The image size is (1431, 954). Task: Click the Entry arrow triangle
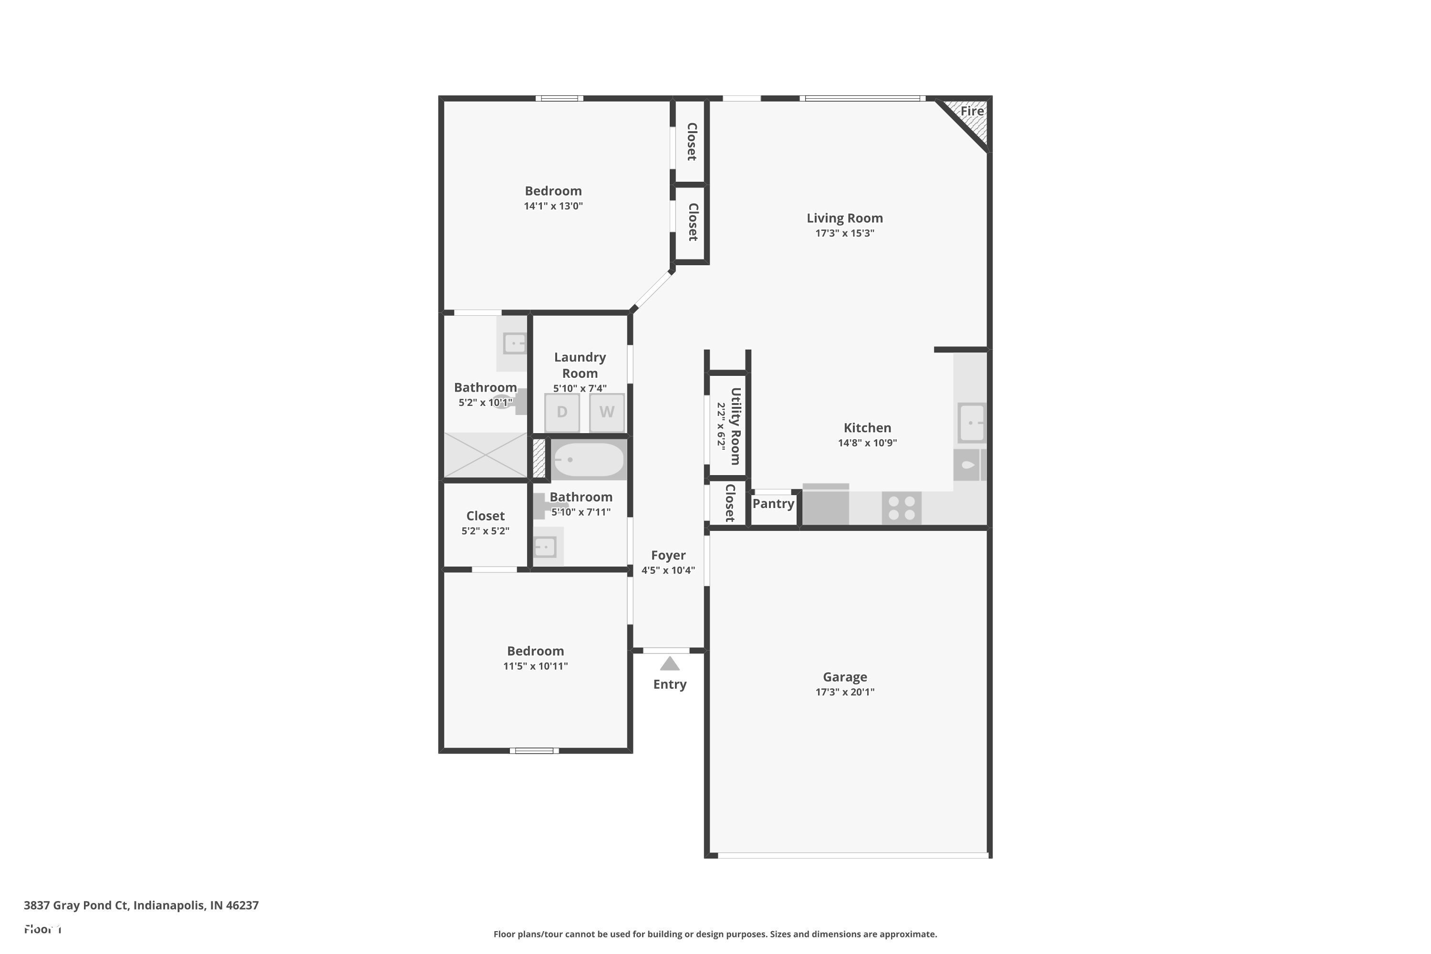669,664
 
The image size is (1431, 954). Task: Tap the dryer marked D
561,413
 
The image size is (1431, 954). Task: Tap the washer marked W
607,413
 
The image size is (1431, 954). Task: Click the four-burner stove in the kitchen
901,508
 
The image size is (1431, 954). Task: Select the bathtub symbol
588,460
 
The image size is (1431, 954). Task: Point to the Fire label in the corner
972,111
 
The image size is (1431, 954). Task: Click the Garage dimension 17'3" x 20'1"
844,692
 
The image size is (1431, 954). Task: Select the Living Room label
844,218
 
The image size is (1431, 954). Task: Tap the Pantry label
773,504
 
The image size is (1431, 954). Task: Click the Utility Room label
735,426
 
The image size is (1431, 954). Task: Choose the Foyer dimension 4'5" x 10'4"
668,570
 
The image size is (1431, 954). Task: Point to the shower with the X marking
485,455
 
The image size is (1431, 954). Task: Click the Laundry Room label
579,365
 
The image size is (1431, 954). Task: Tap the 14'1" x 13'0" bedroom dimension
553,206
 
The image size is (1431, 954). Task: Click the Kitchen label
867,428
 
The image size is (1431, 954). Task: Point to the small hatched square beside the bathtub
539,458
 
